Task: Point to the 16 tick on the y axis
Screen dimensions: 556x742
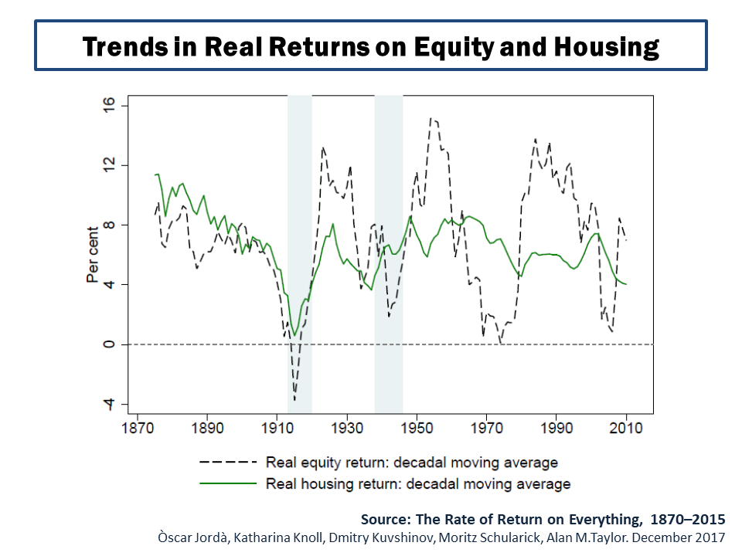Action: [109, 104]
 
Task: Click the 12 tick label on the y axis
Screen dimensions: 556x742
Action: [109, 164]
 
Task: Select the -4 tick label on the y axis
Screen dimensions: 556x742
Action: [109, 404]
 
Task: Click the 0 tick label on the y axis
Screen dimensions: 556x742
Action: [109, 344]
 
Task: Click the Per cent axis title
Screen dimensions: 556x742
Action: [92, 254]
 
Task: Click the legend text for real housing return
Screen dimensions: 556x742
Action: [417, 484]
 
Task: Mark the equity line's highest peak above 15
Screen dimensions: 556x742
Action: [431, 118]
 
